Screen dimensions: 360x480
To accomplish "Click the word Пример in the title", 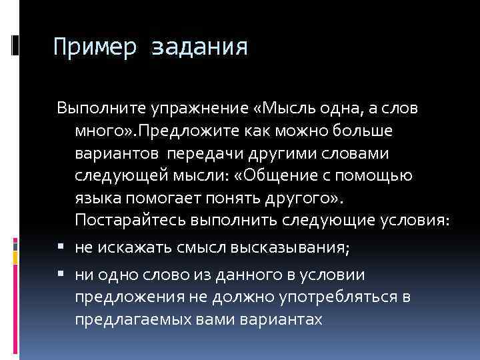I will (94, 47).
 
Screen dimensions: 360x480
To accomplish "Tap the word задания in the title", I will (200, 47).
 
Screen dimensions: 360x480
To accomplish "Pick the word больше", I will (348, 130).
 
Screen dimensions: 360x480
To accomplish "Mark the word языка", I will (95, 198).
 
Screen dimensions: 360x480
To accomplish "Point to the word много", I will (94, 130).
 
